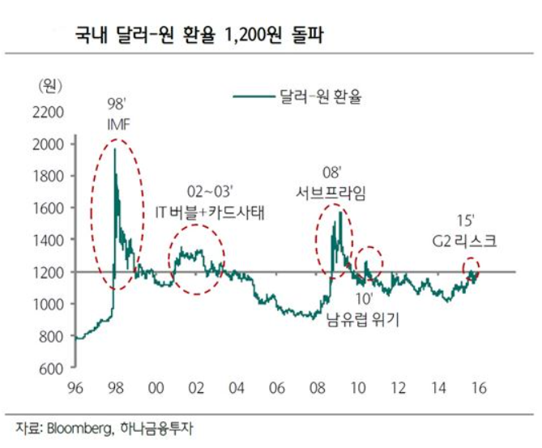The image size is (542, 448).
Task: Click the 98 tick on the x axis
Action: pos(115,389)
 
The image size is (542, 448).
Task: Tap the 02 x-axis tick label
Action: pos(195,389)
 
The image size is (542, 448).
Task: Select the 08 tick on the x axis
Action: pos(315,389)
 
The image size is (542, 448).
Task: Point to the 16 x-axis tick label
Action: pos(476,389)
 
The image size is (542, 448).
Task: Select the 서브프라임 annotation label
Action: pos(330,193)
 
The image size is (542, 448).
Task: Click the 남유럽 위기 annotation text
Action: pos(365,322)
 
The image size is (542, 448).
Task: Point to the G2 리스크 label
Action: pos(465,241)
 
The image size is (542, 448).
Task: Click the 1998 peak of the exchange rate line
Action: pos(114,149)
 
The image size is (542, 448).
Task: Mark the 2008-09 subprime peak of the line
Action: pos(339,211)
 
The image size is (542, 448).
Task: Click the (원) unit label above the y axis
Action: pos(50,83)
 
